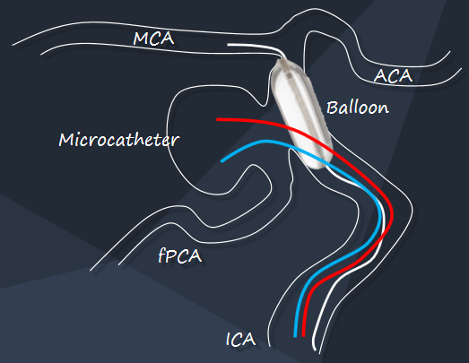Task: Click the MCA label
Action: [153, 39]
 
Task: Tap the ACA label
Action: [393, 75]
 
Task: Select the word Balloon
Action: [358, 108]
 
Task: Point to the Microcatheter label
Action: [118, 140]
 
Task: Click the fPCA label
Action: [179, 256]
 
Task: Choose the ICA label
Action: [241, 340]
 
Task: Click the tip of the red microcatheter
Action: [217, 119]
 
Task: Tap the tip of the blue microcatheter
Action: [221, 161]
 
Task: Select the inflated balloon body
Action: [301, 114]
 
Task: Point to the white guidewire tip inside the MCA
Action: [228, 45]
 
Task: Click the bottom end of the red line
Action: [304, 335]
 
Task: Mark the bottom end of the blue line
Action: [295, 336]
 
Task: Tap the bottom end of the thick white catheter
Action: [315, 350]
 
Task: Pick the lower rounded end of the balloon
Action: [317, 166]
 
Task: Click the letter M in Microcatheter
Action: [65, 140]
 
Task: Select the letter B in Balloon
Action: [332, 108]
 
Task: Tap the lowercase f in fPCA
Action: [162, 256]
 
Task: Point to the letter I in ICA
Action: [229, 340]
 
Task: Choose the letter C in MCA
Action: [155, 39]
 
